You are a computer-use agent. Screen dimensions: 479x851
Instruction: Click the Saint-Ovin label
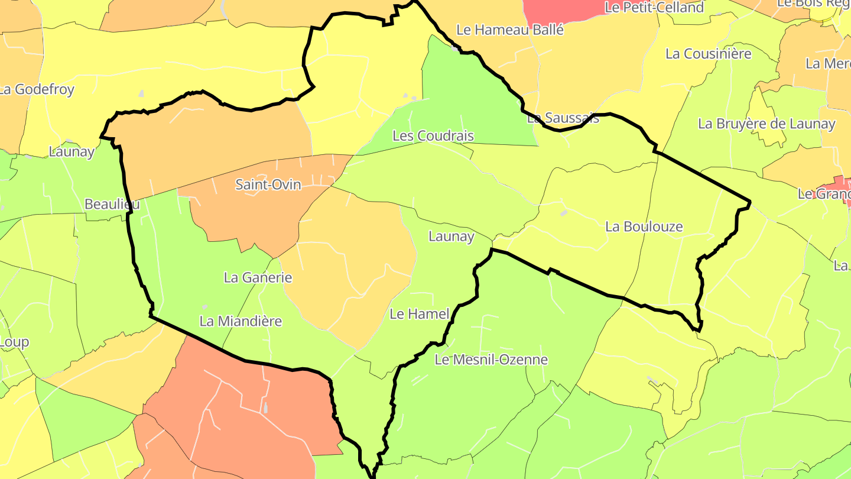(268, 185)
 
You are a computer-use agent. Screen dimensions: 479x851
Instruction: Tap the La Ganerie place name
(258, 277)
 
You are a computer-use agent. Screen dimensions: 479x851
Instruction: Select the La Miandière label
(241, 322)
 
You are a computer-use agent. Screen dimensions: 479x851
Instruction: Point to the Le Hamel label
(420, 314)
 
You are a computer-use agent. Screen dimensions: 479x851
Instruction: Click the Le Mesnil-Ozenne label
(491, 360)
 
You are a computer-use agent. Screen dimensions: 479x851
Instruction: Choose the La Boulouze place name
(644, 226)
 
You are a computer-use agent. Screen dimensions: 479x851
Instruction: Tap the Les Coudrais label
(433, 136)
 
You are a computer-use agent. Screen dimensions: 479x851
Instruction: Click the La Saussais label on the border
(563, 118)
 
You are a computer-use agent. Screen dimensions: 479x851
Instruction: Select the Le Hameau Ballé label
(511, 30)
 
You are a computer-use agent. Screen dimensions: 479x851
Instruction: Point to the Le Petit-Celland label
(654, 8)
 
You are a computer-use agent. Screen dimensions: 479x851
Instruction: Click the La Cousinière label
(708, 54)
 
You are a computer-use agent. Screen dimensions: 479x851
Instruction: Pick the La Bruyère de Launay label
(766, 124)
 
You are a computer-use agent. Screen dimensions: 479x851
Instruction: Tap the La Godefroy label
(37, 90)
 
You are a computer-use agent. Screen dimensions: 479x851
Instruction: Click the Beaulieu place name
(112, 205)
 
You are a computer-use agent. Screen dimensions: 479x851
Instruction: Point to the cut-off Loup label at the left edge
(14, 342)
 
